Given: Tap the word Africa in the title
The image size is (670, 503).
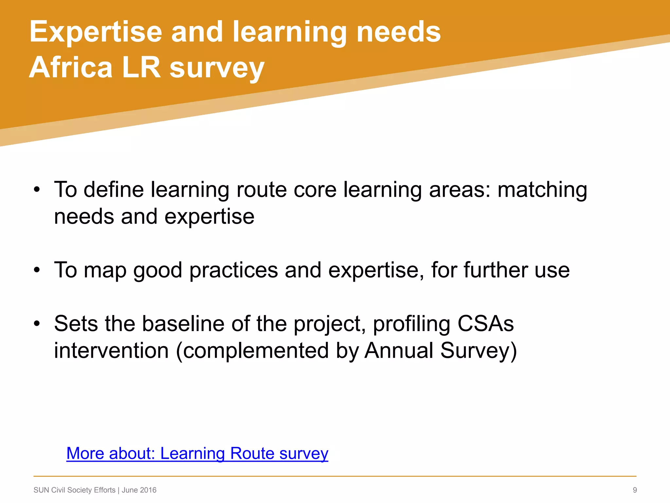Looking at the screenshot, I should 71,67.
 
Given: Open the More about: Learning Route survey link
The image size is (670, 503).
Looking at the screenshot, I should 197,454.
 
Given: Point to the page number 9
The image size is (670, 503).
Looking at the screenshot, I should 635,490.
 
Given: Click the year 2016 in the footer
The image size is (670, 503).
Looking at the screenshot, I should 148,490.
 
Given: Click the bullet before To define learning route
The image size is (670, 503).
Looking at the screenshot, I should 37,190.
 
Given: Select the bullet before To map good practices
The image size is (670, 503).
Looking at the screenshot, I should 37,270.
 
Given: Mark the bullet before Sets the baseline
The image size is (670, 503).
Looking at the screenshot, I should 37,324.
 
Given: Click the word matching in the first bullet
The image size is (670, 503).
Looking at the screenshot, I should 542,190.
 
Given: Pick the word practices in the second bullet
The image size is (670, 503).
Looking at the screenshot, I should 234,270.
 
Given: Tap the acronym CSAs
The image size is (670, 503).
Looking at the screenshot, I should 485,324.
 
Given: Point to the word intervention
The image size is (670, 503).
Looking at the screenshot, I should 111,351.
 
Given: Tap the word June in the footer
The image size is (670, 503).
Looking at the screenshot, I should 130,490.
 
